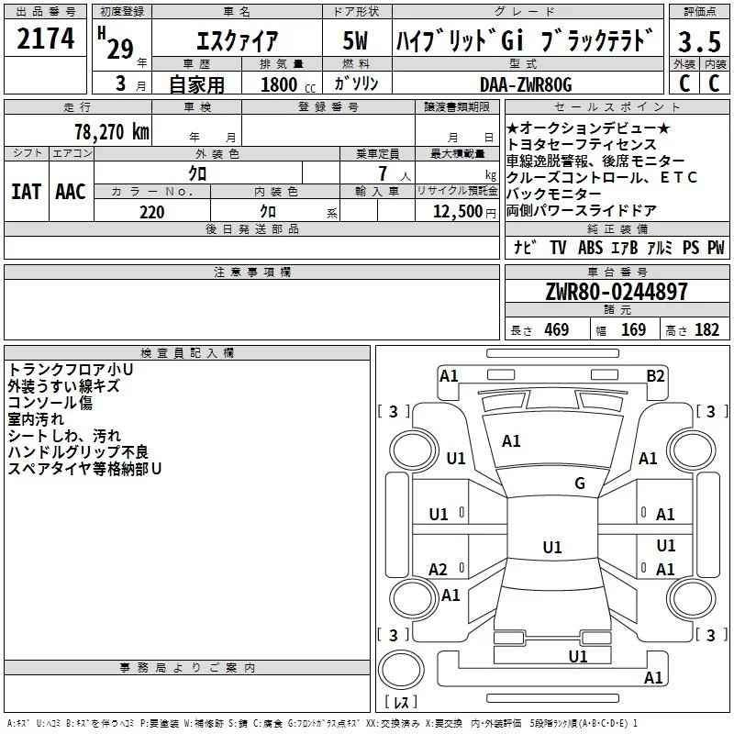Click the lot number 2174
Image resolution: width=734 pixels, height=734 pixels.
pyautogui.click(x=46, y=38)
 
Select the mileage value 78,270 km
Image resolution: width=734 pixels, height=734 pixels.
pyautogui.click(x=111, y=131)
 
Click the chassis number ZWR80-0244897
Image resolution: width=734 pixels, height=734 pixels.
pyautogui.click(x=617, y=293)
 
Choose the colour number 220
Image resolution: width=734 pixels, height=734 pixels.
pyautogui.click(x=152, y=212)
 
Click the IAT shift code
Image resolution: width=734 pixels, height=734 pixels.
pyautogui.click(x=26, y=192)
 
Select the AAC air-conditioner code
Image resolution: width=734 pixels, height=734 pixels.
pyautogui.click(x=71, y=192)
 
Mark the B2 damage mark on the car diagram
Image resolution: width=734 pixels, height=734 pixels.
pyautogui.click(x=655, y=375)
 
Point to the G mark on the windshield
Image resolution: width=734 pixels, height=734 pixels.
pyautogui.click(x=579, y=484)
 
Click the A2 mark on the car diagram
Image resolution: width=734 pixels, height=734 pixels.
pyautogui.click(x=439, y=570)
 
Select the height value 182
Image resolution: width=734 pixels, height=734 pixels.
pyautogui.click(x=707, y=330)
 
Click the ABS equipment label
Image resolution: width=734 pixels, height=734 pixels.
pyautogui.click(x=590, y=248)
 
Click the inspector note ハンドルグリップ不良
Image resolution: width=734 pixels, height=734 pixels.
pyautogui.click(x=78, y=452)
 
